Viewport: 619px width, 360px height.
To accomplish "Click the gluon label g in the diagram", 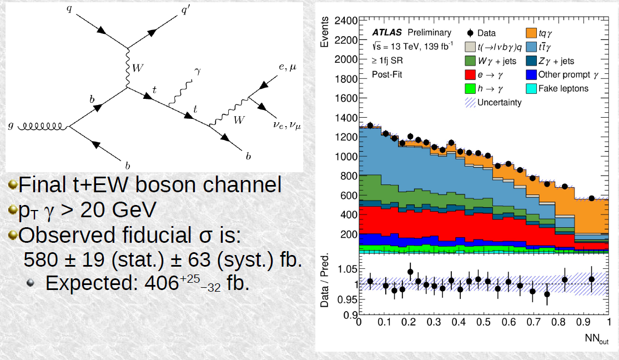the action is (11, 126).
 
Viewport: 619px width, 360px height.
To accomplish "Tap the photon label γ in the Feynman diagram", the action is (198, 71).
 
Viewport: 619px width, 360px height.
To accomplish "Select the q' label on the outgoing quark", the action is (185, 9).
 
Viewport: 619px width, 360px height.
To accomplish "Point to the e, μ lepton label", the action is (288, 67).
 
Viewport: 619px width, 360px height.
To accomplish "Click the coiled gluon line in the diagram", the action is (42, 127).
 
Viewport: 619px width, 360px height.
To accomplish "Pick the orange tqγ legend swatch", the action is (531, 33).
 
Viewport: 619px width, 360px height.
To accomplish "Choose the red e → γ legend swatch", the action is (470, 74).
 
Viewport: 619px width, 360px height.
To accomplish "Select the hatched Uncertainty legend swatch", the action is (470, 102).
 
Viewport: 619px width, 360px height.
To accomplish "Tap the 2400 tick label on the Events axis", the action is (346, 21).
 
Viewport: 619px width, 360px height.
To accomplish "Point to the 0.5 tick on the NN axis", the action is (483, 322).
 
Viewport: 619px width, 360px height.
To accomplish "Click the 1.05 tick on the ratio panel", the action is (348, 269).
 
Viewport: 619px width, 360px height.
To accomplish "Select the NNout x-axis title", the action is (597, 338).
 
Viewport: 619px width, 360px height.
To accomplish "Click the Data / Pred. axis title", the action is (325, 280).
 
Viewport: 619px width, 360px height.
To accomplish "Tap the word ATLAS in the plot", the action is (387, 32).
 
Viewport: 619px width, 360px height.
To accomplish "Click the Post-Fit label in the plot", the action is (387, 74).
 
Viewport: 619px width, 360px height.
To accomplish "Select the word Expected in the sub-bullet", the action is (90, 283).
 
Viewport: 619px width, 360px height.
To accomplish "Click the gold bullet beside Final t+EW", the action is (13, 184).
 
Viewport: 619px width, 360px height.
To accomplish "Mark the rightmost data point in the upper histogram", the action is (591, 198).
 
